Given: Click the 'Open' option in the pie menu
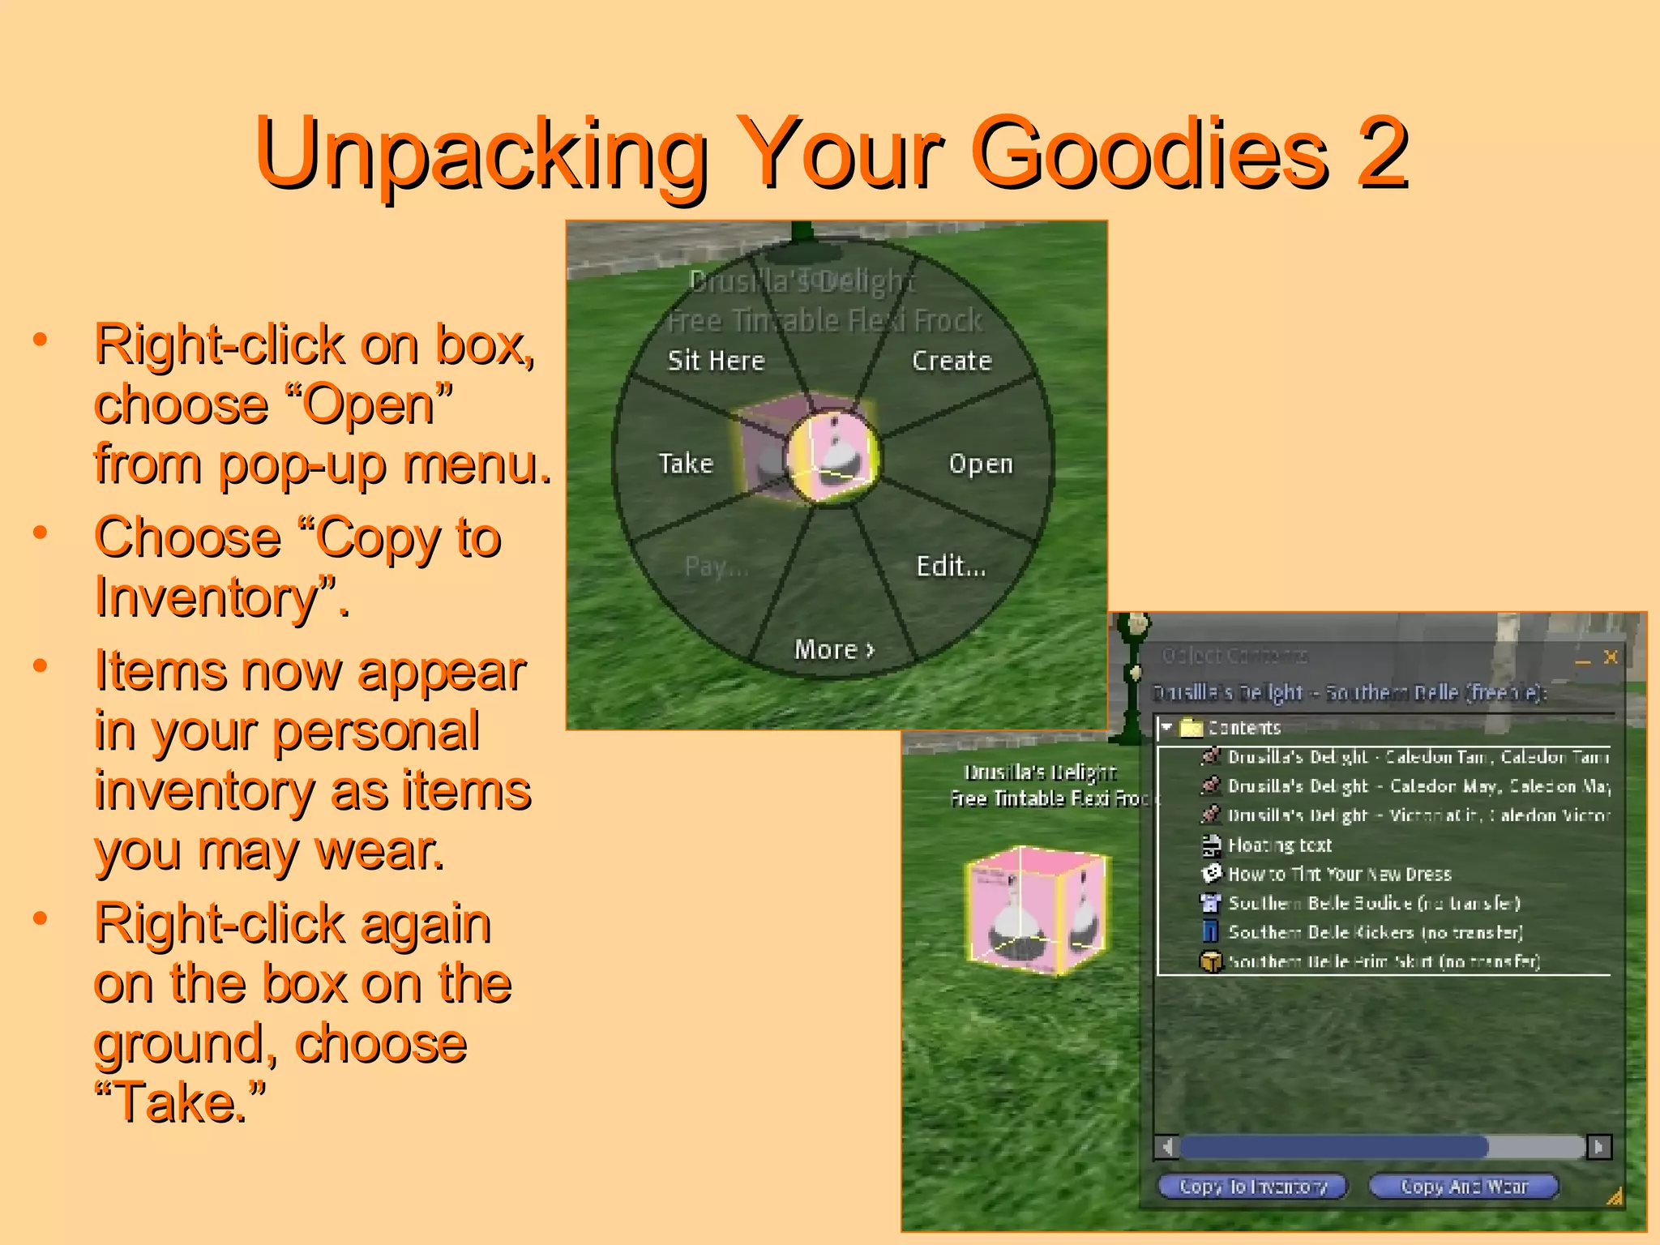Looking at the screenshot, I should click(x=981, y=464).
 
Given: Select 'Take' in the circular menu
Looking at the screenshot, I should click(x=686, y=464).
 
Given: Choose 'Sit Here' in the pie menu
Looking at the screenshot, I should click(x=716, y=361).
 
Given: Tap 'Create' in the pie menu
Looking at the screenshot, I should click(x=952, y=361).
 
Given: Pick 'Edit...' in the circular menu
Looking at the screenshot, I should click(x=951, y=566).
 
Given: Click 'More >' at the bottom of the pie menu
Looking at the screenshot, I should click(x=834, y=649).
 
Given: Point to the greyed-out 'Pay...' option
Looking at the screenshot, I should click(x=716, y=566).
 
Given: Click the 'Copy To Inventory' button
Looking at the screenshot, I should click(x=1252, y=1187).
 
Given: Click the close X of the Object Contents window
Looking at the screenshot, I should click(x=1611, y=657).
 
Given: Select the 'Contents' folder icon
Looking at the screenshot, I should click(x=1191, y=727).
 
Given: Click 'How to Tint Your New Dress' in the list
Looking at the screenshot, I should click(x=1339, y=874).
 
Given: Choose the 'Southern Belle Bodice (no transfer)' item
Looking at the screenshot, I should click(x=1374, y=903).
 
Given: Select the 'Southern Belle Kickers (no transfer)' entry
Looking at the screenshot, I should click(x=1375, y=932).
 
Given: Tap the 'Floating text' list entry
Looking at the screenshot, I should click(x=1280, y=845).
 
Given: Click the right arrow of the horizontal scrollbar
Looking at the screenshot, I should click(x=1598, y=1147).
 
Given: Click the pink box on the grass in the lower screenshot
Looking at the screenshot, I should click(x=1037, y=908).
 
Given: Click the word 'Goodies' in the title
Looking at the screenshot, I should click(x=1149, y=152).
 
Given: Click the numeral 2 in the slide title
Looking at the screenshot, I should click(x=1383, y=152).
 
